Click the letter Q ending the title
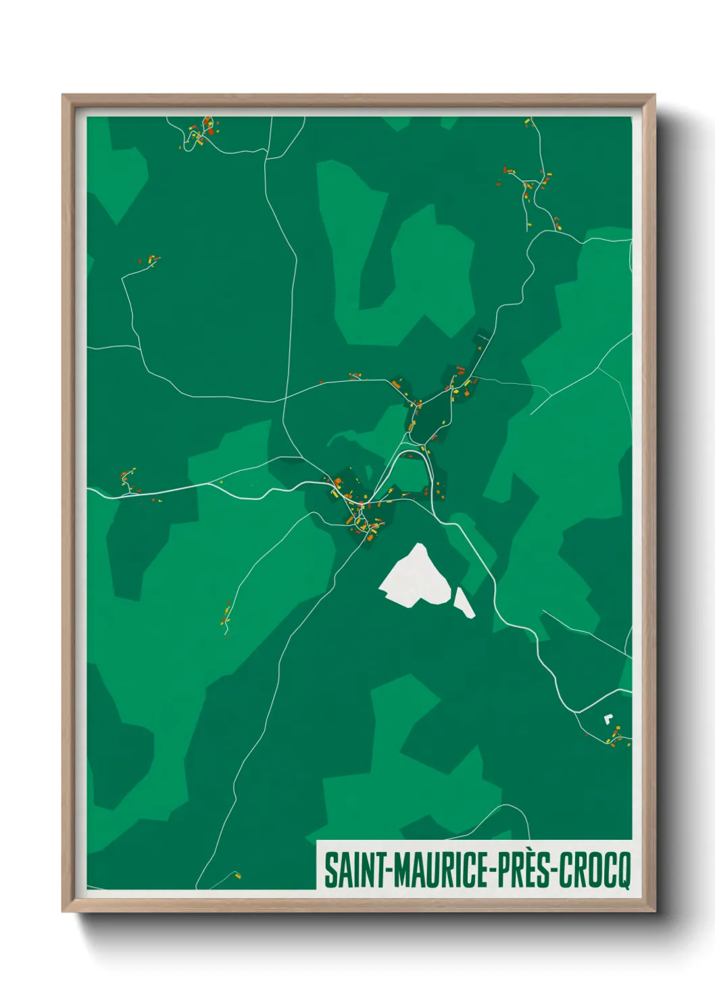tap(622, 872)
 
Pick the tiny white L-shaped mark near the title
tap(608, 718)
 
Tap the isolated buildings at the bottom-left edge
tap(237, 876)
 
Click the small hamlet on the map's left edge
tap(128, 481)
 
